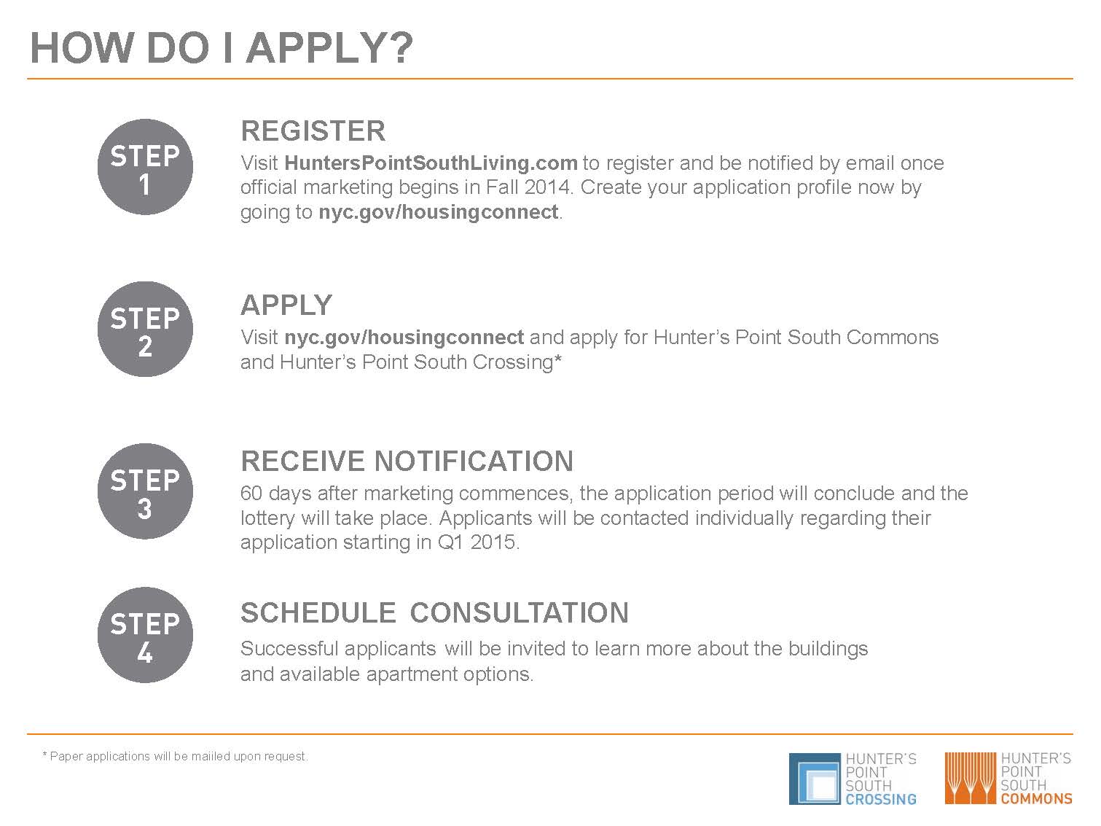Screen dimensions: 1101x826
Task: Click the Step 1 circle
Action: tap(145, 167)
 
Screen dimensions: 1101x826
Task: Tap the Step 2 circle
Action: tap(145, 330)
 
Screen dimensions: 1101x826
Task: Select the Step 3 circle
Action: tap(145, 491)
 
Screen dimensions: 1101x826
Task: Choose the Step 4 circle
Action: tap(145, 635)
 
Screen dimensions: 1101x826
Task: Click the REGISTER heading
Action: tap(313, 131)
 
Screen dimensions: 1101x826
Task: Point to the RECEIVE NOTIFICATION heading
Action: tap(407, 461)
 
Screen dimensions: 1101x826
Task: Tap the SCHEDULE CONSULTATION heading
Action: tap(434, 612)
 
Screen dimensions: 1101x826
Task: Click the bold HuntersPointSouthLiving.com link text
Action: tap(431, 163)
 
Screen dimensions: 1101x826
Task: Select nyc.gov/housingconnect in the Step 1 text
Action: tap(439, 211)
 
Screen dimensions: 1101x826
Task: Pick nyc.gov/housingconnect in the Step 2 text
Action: tap(404, 338)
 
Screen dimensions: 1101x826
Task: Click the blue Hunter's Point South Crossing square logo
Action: tap(815, 779)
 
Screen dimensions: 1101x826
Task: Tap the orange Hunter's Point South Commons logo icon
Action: tap(970, 778)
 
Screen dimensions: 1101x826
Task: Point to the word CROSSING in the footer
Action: tap(881, 799)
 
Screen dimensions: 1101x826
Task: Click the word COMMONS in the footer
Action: tap(1036, 798)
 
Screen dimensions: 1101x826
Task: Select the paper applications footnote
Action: tap(175, 756)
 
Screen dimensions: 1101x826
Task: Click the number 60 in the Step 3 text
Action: tap(251, 494)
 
